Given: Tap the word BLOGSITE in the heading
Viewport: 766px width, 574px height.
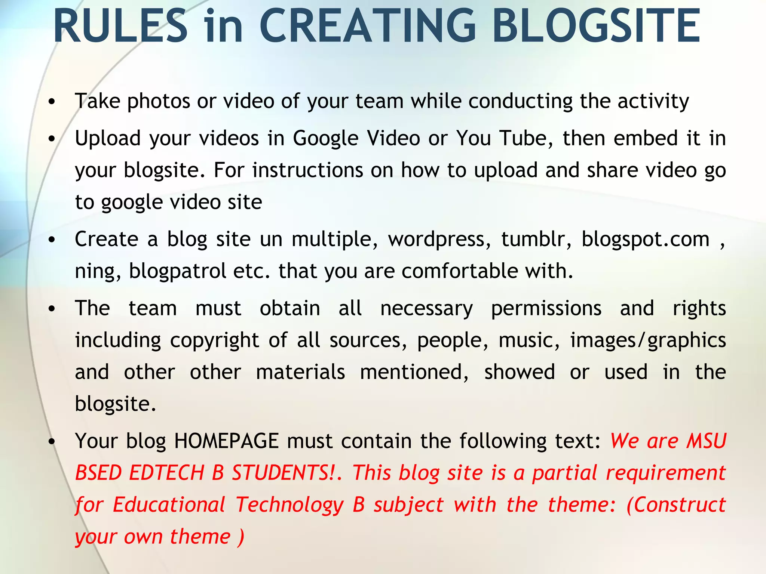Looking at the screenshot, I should (x=596, y=26).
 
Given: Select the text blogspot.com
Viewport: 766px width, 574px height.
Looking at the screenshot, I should (x=646, y=240).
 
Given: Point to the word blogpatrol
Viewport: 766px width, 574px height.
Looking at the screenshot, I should (x=177, y=271).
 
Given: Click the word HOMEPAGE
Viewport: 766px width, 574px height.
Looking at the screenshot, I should (x=227, y=441).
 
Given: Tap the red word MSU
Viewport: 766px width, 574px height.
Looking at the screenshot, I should (x=706, y=441).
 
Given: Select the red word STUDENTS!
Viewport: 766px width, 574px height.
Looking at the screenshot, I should (x=284, y=473).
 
